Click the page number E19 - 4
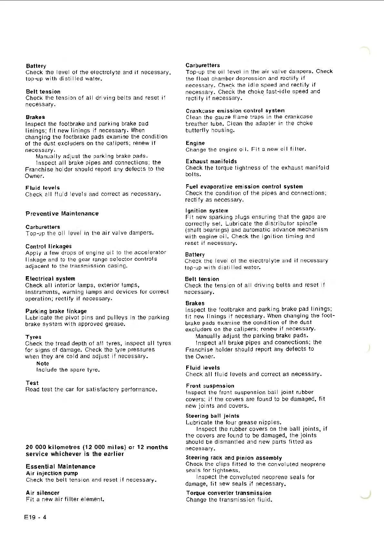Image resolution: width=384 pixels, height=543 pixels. pyautogui.click(x=35, y=517)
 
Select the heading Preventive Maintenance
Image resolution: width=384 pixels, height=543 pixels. pyautogui.click(x=62, y=214)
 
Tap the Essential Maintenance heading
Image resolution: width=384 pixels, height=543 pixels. pyautogui.click(x=61, y=467)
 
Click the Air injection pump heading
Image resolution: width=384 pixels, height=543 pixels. pyautogui.click(x=52, y=473)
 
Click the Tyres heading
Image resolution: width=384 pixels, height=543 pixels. pyautogui.click(x=33, y=337)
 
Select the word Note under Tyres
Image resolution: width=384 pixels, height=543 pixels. pyautogui.click(x=43, y=363)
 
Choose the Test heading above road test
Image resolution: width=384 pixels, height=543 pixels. pyautogui.click(x=32, y=383)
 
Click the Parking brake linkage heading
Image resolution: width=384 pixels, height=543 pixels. pyautogui.click(x=56, y=311)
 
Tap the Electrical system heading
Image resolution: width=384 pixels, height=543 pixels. pyautogui.click(x=50, y=278)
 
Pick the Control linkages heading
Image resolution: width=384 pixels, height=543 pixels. pyautogui.click(x=48, y=246)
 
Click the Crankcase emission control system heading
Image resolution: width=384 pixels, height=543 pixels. pyautogui.click(x=235, y=111)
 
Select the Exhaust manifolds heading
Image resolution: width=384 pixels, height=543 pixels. pyautogui.click(x=211, y=161)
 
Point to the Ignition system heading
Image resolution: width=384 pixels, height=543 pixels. pyautogui.click(x=207, y=211)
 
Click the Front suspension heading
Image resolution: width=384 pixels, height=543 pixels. pyautogui.click(x=210, y=386)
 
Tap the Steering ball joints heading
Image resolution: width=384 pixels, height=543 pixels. pyautogui.click(x=212, y=416)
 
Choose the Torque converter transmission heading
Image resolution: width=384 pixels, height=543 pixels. pyautogui.click(x=229, y=493)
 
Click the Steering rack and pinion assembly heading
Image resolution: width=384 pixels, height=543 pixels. pyautogui.click(x=234, y=458)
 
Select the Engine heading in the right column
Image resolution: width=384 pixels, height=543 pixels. pyautogui.click(x=195, y=143)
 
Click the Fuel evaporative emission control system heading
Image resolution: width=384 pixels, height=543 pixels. pyautogui.click(x=244, y=187)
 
